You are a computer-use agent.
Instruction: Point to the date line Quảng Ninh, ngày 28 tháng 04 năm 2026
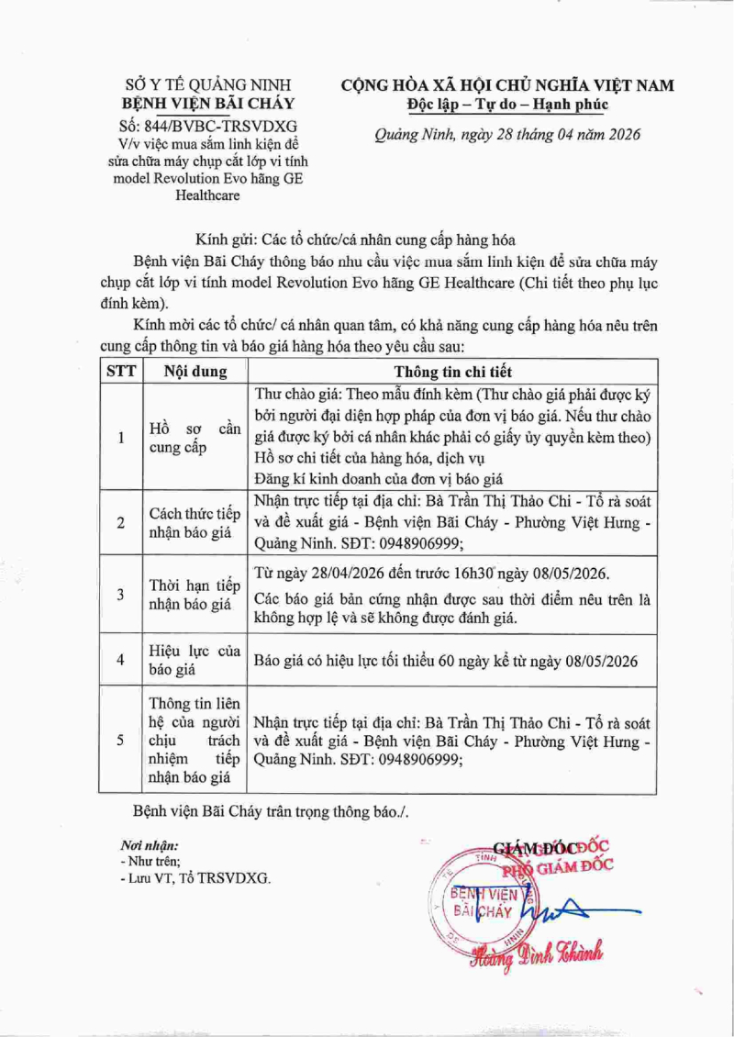click(507, 135)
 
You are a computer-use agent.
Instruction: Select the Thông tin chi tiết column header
click(453, 372)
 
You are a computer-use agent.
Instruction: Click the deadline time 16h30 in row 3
click(473, 574)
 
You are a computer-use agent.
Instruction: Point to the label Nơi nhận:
click(150, 845)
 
